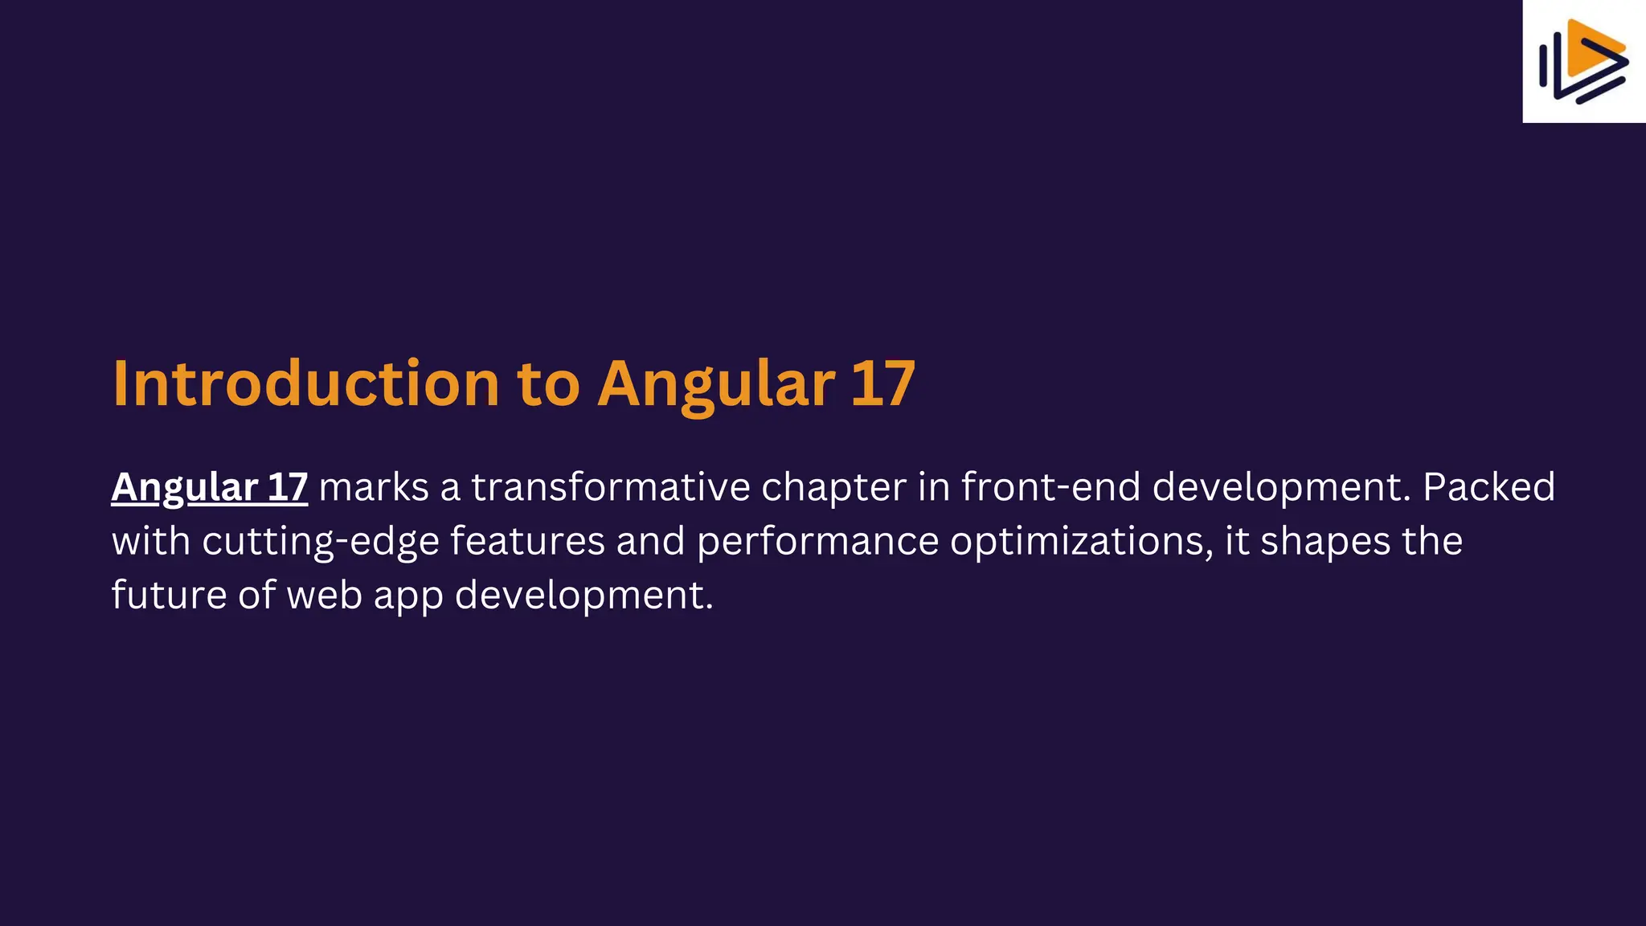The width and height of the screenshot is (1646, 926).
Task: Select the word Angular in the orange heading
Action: tap(716, 383)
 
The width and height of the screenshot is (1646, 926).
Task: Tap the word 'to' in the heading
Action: tap(548, 383)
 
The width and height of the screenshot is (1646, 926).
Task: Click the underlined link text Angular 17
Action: tap(209, 487)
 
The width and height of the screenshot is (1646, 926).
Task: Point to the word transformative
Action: tap(610, 487)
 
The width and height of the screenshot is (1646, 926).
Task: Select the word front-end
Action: tap(1050, 487)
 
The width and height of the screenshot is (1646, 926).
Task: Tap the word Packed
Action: tap(1488, 487)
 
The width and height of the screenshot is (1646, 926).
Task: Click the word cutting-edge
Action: tap(320, 541)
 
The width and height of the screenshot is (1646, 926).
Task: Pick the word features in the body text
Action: tap(526, 541)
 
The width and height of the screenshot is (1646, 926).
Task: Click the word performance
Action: tap(817, 541)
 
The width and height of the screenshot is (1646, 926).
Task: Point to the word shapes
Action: tap(1325, 541)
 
